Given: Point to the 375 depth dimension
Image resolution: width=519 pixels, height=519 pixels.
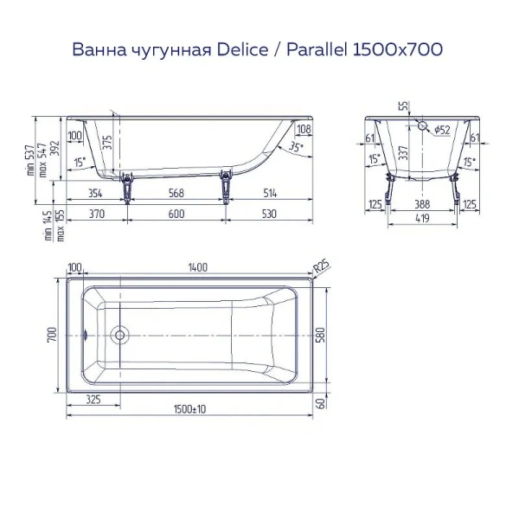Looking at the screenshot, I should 108,142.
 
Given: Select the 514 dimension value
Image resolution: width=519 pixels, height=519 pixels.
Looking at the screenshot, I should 270,193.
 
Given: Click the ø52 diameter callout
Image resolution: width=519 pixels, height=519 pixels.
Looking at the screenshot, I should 440,130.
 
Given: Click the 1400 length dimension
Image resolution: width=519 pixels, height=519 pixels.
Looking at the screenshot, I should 197,268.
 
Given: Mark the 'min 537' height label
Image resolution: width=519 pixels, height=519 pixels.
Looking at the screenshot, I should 32,161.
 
